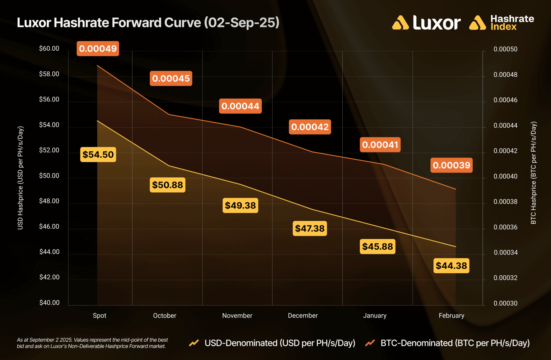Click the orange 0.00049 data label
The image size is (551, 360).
click(98, 48)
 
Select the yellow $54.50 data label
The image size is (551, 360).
click(98, 155)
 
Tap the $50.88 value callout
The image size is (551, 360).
click(168, 185)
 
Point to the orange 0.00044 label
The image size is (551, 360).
click(240, 106)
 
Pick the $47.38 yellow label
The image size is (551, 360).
click(310, 228)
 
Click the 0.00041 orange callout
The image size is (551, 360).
click(380, 145)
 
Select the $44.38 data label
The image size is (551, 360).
click(451, 266)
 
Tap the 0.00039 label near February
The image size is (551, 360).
click(451, 165)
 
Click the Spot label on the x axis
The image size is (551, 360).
click(100, 316)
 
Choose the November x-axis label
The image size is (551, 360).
click(237, 316)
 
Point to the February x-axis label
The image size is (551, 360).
click(451, 316)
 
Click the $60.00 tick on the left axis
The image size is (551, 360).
click(49, 48)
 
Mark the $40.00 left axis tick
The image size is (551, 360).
click(49, 303)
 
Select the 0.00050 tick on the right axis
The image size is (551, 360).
click(505, 49)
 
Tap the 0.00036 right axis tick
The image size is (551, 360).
click(505, 227)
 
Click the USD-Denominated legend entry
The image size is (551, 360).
click(280, 343)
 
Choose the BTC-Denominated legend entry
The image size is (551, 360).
click(455, 343)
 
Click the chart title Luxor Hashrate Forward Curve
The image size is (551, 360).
click(148, 23)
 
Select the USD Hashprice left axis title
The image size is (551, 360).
click(20, 178)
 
